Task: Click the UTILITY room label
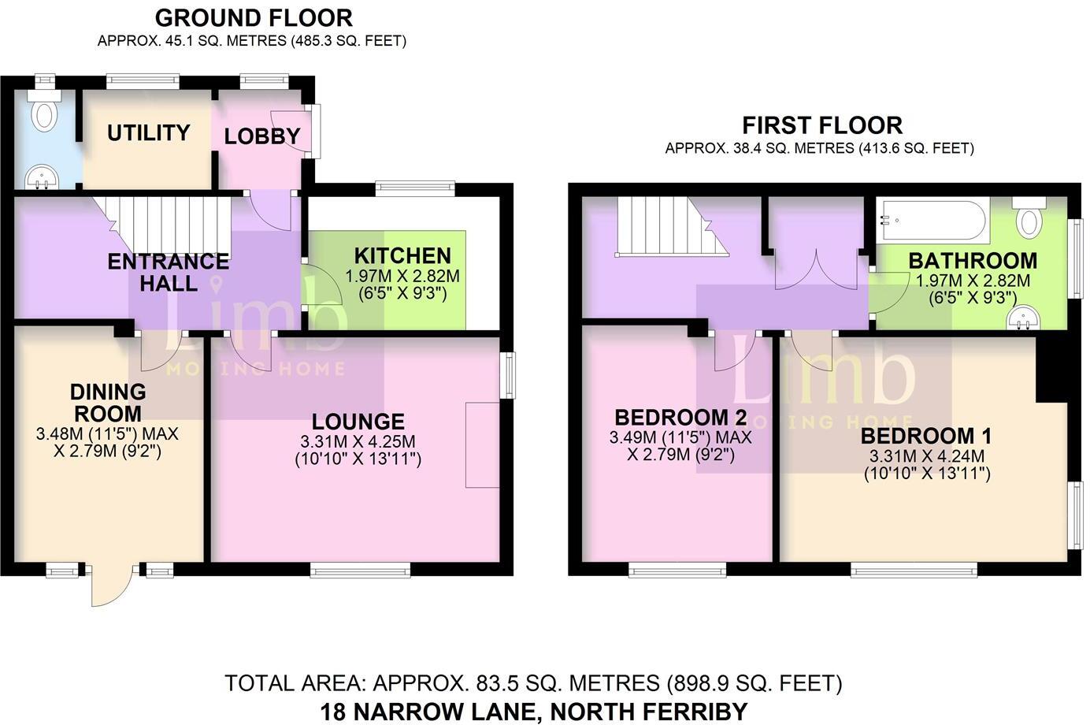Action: click(x=148, y=133)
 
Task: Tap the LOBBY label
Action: click(x=261, y=136)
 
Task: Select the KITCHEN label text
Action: click(x=402, y=256)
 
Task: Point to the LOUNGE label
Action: click(x=358, y=422)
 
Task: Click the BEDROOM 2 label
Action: click(x=680, y=418)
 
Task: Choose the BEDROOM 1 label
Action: click(x=926, y=437)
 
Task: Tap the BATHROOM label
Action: click(x=973, y=261)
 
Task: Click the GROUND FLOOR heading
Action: click(x=254, y=18)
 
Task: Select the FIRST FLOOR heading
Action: click(x=822, y=125)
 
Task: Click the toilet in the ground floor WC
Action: click(x=44, y=109)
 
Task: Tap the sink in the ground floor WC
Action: click(x=42, y=177)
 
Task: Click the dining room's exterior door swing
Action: click(x=111, y=587)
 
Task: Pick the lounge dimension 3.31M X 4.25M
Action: click(x=358, y=442)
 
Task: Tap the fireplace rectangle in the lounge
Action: click(x=482, y=444)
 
